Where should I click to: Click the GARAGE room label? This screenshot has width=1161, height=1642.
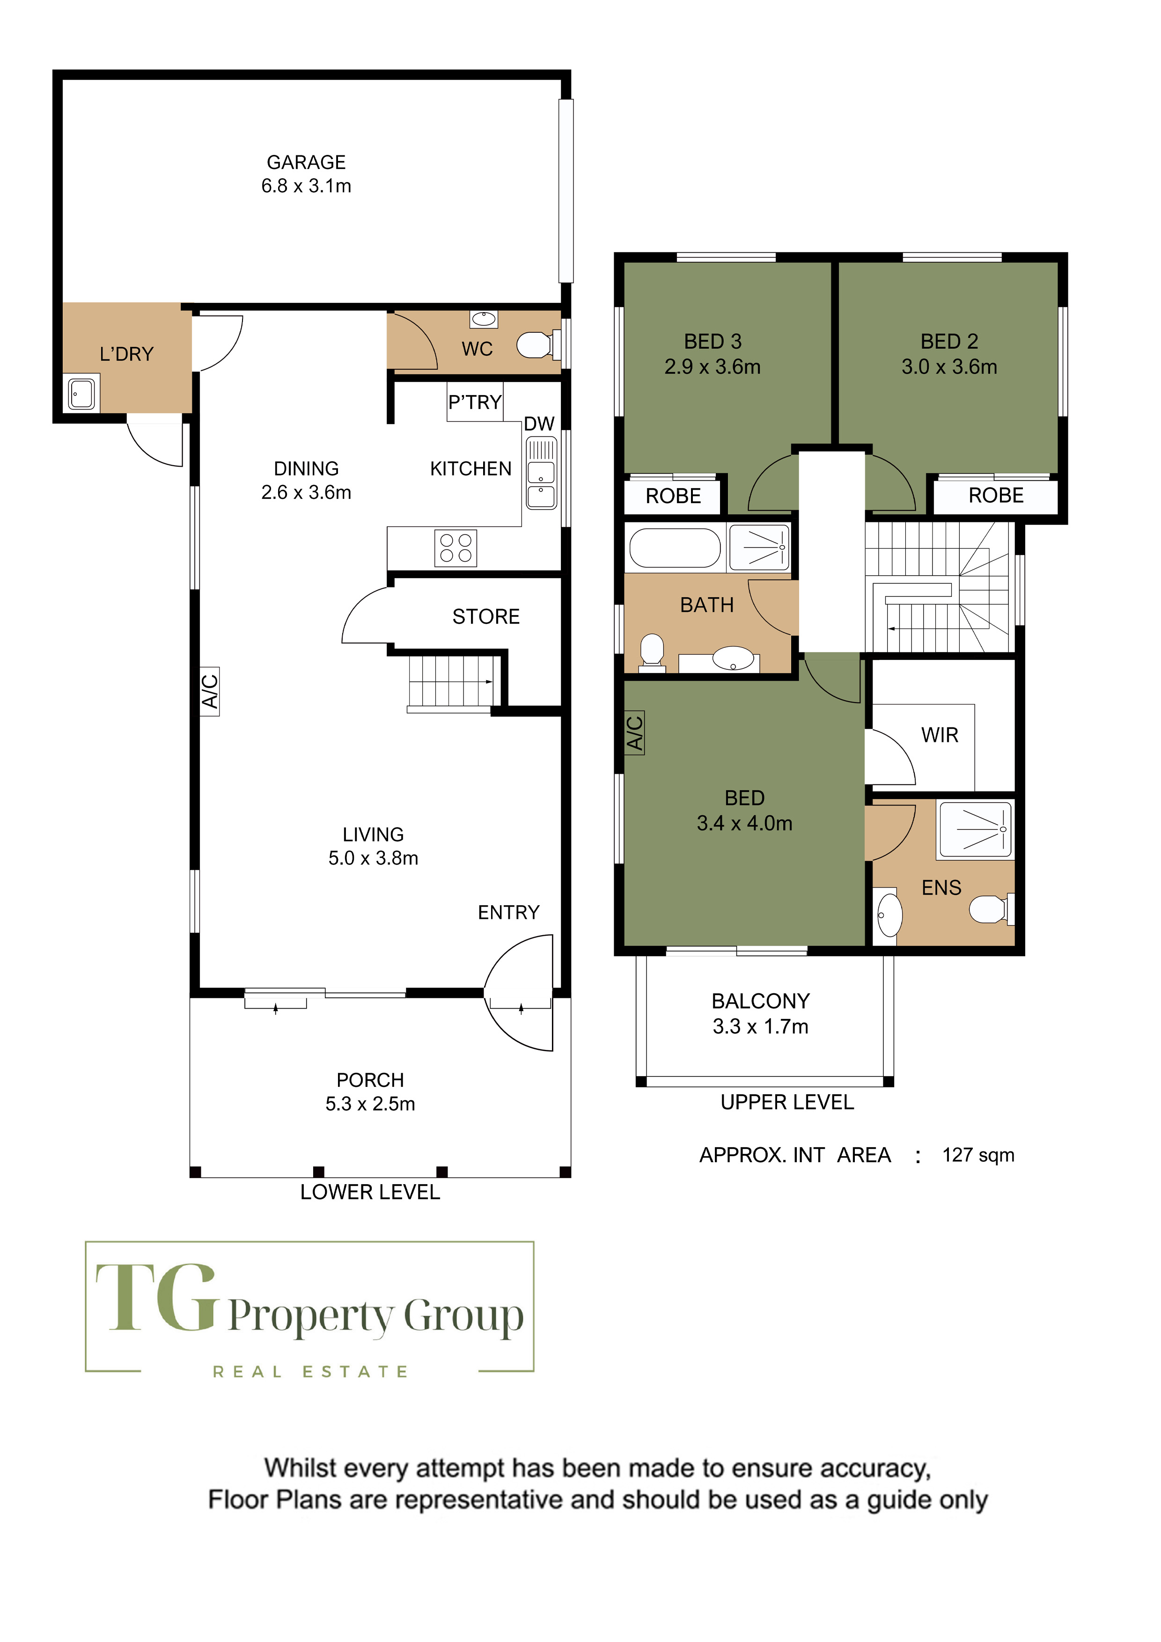[x=306, y=162]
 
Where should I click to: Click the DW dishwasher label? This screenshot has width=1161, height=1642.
[x=539, y=424]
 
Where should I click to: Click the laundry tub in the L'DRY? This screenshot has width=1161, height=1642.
[x=81, y=393]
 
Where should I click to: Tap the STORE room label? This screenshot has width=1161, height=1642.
[x=486, y=616]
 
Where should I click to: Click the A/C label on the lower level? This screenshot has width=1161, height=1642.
[x=210, y=691]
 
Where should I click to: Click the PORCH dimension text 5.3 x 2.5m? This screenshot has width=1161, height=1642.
[x=371, y=1104]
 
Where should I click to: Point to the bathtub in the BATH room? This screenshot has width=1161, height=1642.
[x=675, y=548]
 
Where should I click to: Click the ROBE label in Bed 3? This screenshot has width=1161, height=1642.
[x=673, y=496]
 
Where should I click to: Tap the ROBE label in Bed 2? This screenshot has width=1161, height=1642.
[x=996, y=496]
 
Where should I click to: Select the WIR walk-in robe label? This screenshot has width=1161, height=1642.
[x=940, y=735]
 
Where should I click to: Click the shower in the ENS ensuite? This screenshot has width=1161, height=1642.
[x=975, y=829]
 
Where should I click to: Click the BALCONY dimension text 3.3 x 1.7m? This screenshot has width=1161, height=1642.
[x=760, y=1026]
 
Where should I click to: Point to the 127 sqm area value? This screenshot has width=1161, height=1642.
[x=978, y=1155]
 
